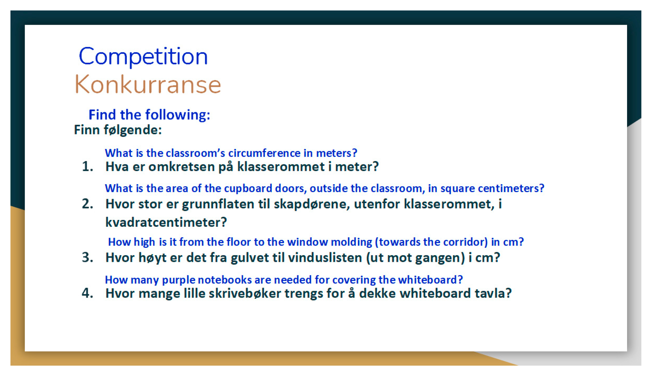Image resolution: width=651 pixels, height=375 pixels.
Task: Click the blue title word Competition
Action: click(x=143, y=56)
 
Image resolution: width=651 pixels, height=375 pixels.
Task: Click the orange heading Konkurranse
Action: click(x=148, y=84)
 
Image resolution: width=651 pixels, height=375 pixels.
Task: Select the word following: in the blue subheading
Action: click(x=178, y=115)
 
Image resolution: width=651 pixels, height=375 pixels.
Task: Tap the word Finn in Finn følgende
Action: click(x=87, y=129)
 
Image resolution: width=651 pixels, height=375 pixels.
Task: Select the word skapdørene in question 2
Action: click(x=312, y=204)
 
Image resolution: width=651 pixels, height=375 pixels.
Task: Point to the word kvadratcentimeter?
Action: click(x=166, y=222)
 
